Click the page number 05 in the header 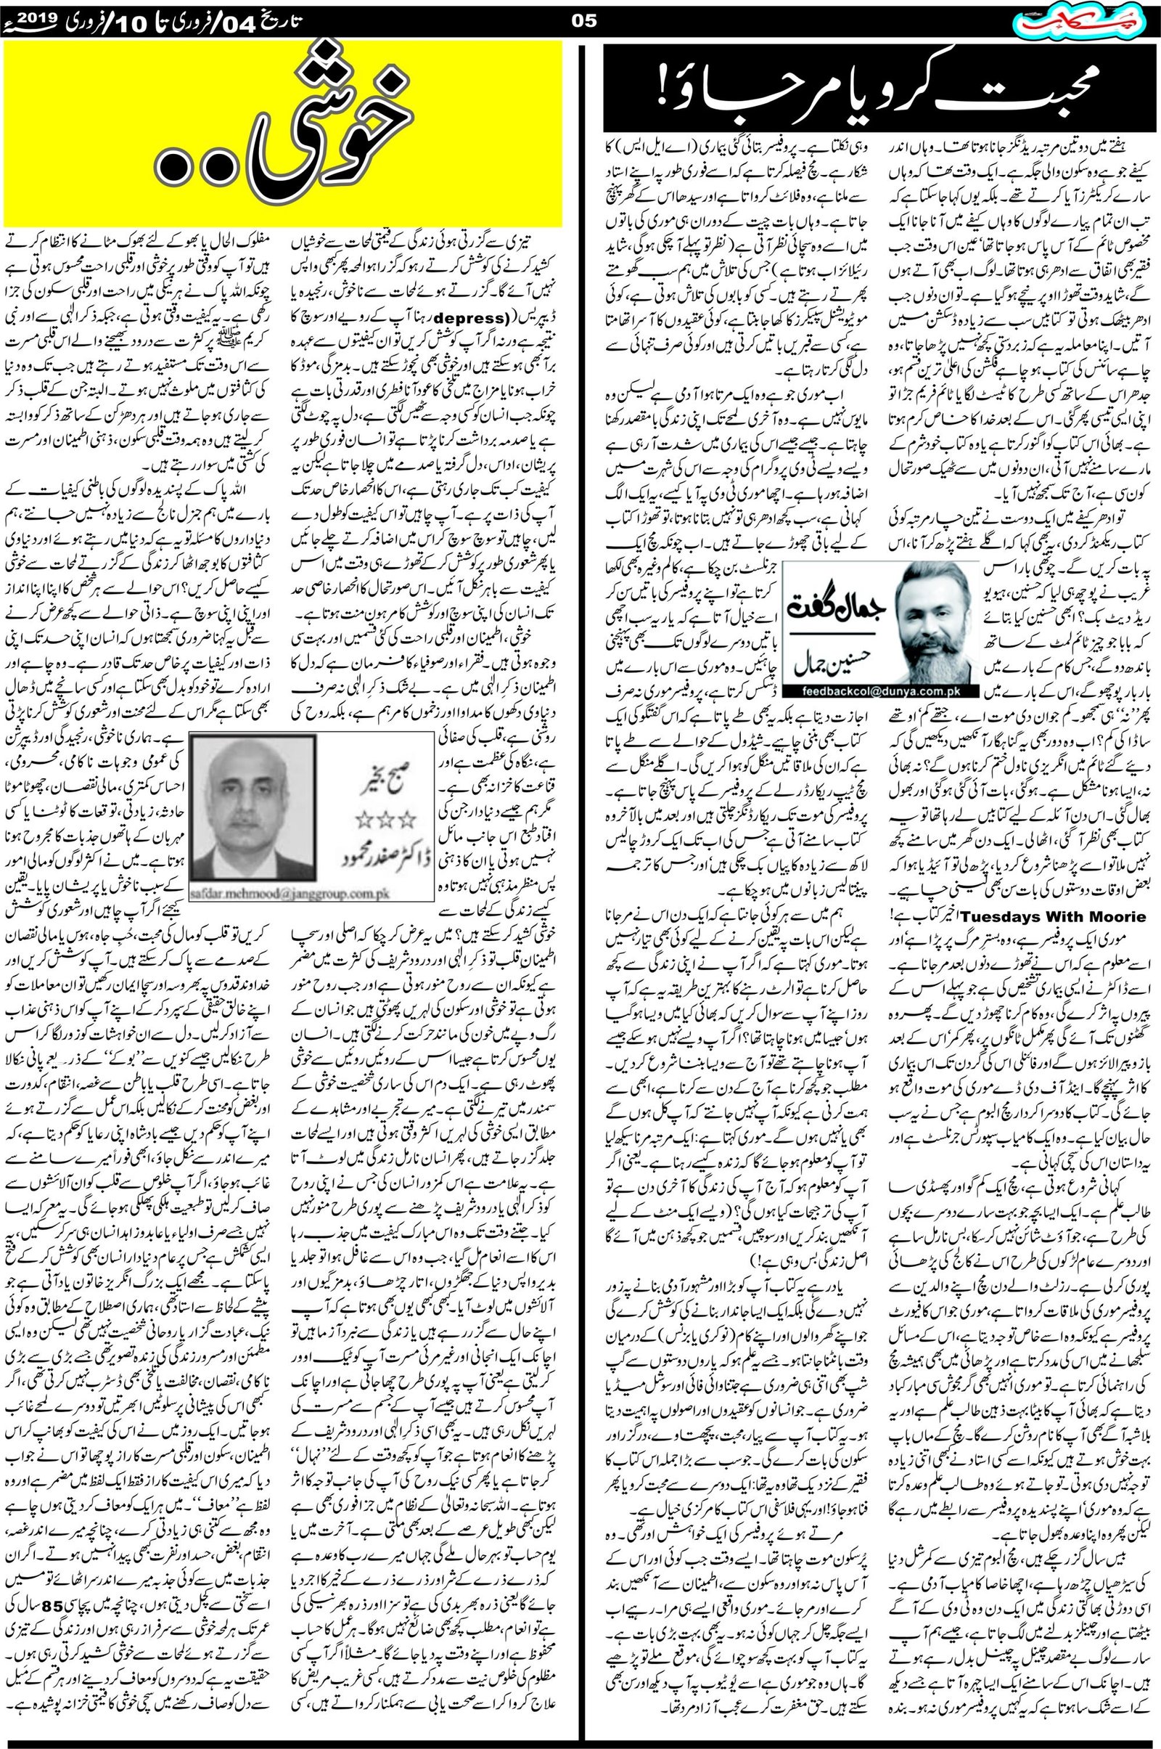point(584,21)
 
